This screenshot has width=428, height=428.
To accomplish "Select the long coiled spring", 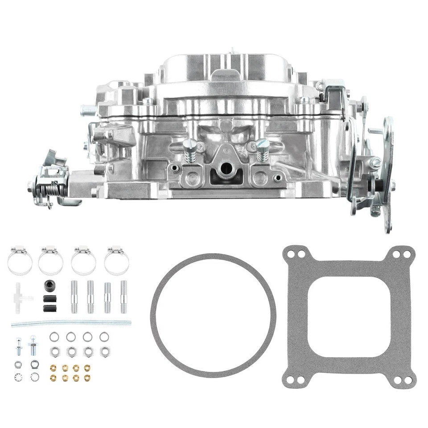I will coord(71,322).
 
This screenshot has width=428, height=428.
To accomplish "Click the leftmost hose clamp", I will coord(20,261).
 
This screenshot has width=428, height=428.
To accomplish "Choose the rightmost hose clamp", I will coord(116,261).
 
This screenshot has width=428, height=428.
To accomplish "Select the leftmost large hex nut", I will coord(54,351).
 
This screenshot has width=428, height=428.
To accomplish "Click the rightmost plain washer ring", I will coord(104,337).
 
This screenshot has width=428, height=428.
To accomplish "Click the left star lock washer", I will coord(18,377).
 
